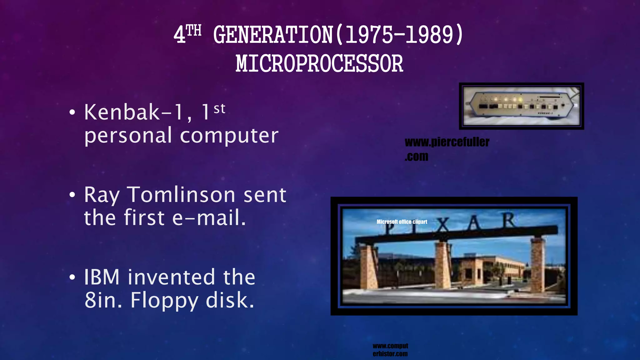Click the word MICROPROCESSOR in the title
click(319, 64)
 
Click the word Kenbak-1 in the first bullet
click(134, 112)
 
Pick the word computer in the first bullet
click(229, 136)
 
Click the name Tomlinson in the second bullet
click(181, 195)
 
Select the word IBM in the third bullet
click(102, 277)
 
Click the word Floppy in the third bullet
click(164, 300)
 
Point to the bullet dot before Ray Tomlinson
click(72, 195)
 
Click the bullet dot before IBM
click(72, 277)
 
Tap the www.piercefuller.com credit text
click(447, 149)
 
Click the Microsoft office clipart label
click(402, 222)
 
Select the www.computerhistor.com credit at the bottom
click(390, 350)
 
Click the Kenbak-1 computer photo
click(521, 106)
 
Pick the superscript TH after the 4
click(194, 31)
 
